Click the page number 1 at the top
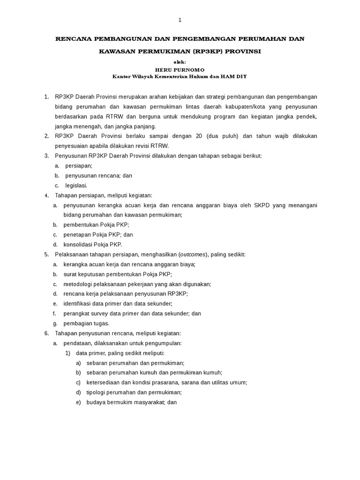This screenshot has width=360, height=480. point(180,20)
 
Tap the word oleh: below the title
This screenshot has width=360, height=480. point(180,62)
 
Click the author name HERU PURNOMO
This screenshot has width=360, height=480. point(180,69)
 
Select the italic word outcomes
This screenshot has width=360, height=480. point(193,254)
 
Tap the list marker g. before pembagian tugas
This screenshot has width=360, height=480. point(55,323)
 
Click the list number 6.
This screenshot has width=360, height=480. point(46,333)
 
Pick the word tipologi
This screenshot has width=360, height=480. point(97,392)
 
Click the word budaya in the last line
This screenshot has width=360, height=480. point(96,402)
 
